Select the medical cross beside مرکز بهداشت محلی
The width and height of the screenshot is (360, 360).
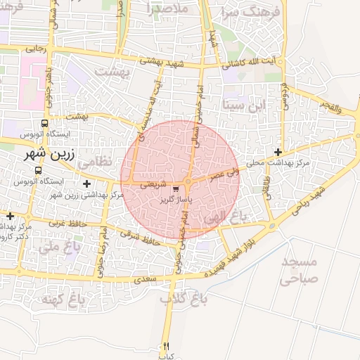coord(278,152)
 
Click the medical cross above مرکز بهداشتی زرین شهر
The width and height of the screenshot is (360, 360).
coord(86,184)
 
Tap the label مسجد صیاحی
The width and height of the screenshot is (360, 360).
coord(299,270)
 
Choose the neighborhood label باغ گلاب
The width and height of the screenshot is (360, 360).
coord(184,299)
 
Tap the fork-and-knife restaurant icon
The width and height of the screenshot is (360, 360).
coord(166,345)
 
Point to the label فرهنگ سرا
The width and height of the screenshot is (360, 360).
coord(252,12)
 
